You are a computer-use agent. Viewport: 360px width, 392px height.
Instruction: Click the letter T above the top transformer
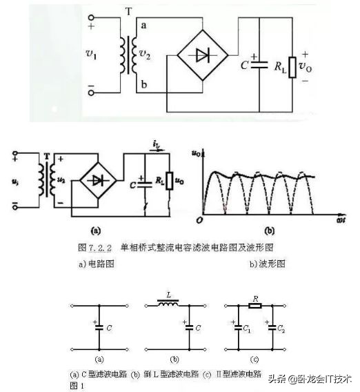click(129, 12)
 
